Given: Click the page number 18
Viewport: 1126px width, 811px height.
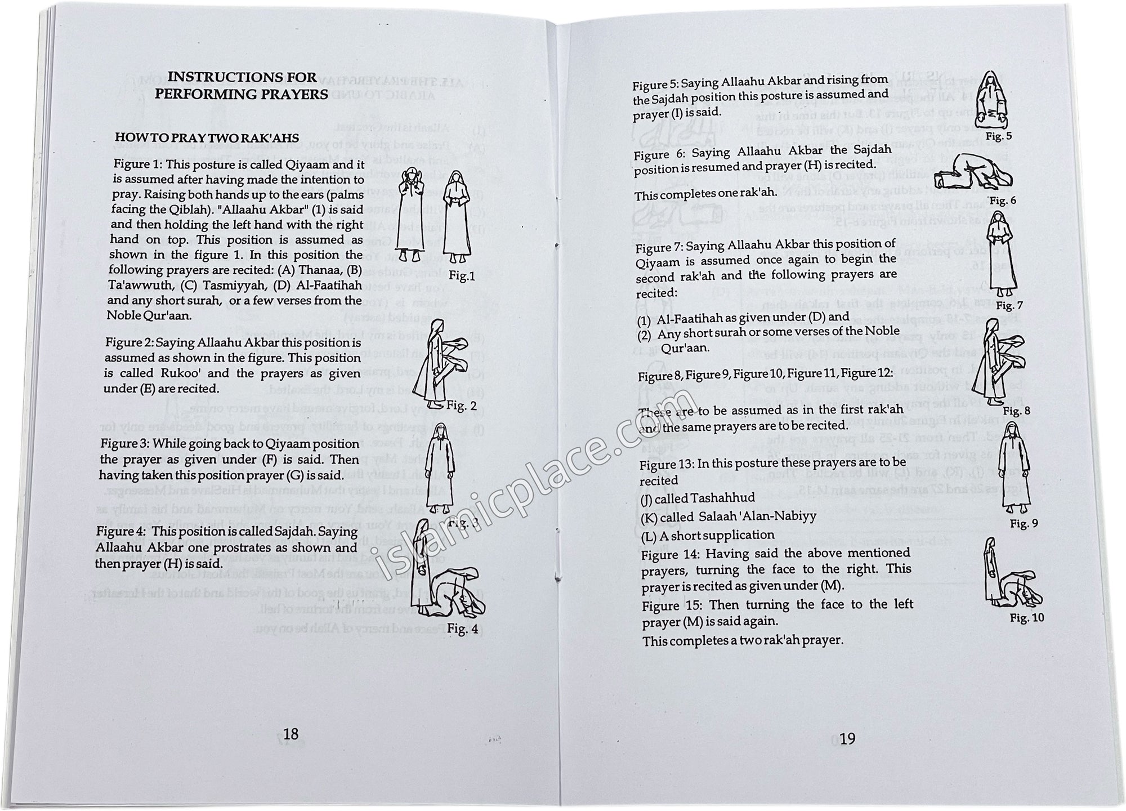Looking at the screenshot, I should [x=291, y=733].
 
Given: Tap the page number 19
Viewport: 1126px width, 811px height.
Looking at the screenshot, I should [x=847, y=738].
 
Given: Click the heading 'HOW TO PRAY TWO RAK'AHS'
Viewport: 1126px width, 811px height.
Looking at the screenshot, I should [x=207, y=137].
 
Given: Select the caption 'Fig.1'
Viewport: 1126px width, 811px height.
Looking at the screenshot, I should [x=462, y=276].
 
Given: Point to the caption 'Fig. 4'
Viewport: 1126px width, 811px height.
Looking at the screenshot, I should [x=463, y=629].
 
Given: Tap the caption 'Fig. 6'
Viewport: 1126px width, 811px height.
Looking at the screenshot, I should [x=1003, y=200].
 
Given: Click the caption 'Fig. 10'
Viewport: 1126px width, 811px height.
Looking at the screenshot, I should [x=1027, y=618].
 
